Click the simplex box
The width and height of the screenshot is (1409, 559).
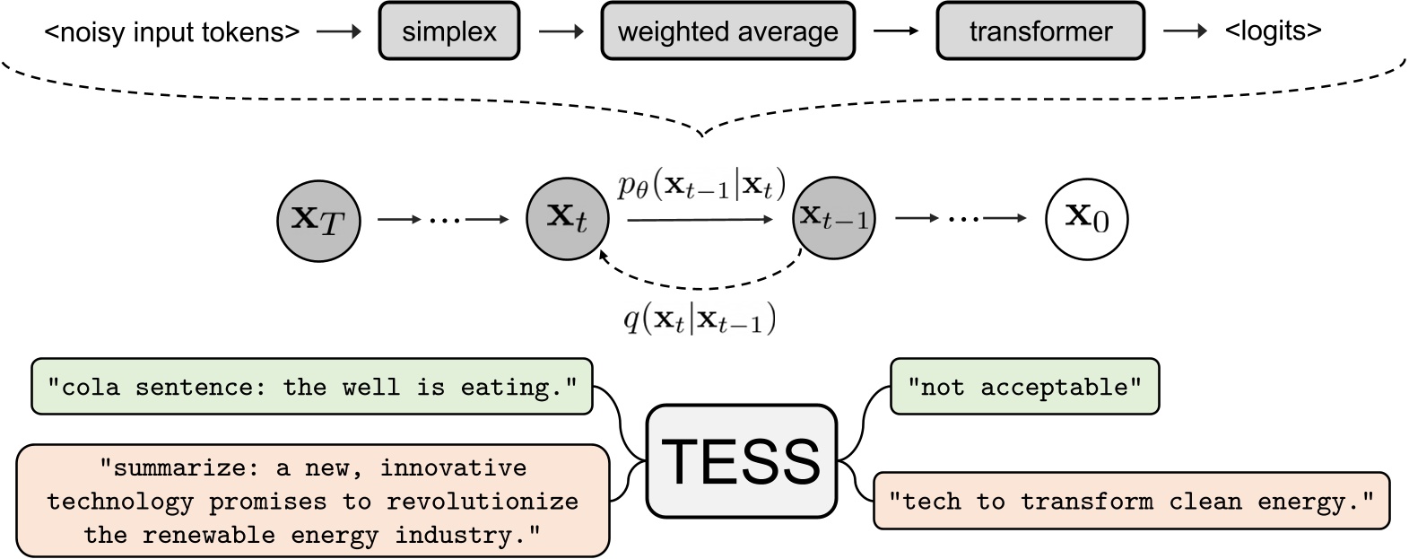point(448,32)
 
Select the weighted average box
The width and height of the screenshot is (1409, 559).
point(727,32)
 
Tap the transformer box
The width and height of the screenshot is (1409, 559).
point(1039,32)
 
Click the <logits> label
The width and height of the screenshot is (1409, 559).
point(1273,31)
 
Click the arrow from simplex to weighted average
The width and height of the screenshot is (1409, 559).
point(561,32)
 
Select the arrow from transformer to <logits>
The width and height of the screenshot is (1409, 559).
point(1185,31)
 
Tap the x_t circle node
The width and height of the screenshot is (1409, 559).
point(567,219)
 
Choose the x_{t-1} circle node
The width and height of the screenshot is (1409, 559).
point(833,219)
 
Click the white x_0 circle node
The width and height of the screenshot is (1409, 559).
point(1086,219)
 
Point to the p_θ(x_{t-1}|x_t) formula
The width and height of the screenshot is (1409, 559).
point(701,187)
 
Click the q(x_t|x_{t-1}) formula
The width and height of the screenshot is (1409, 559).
point(700,319)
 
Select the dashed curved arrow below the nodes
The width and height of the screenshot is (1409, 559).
point(700,285)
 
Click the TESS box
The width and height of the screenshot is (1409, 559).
point(741,460)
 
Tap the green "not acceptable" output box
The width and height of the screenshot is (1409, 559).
point(1024,387)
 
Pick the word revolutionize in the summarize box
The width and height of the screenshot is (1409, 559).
point(483,502)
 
